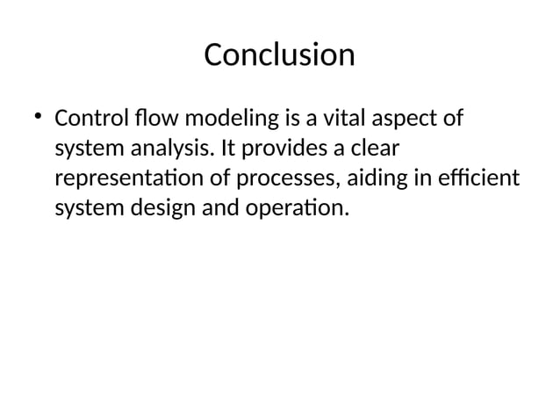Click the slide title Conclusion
pos(279,55)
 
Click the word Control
pos(90,118)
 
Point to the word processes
pos(282,179)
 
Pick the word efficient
pos(477,178)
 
